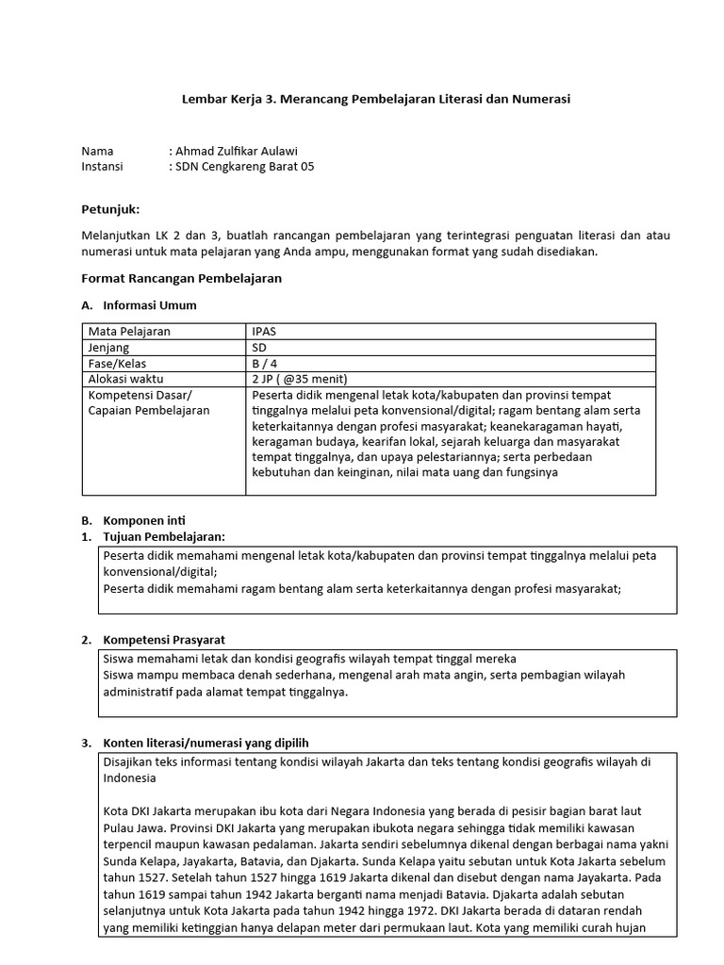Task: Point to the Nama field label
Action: tap(97, 151)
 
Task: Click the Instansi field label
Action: tap(104, 167)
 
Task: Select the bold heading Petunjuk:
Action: tap(110, 209)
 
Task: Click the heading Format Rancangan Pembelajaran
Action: tap(182, 279)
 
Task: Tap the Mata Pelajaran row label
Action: tap(129, 332)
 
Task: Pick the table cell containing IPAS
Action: tap(264, 332)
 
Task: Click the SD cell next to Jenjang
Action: tap(260, 348)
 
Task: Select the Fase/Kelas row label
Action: tap(117, 364)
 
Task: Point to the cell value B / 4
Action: tap(265, 364)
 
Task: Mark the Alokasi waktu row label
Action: tap(124, 379)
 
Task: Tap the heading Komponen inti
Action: tap(144, 520)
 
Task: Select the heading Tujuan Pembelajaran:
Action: tap(164, 537)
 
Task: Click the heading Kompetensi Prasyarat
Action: tap(163, 640)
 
